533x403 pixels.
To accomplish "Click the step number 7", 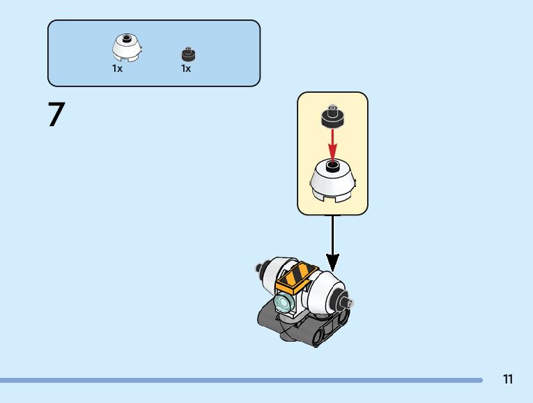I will tap(56, 115).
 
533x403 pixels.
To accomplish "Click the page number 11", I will tap(507, 379).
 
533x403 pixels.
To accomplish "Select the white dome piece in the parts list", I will tap(127, 47).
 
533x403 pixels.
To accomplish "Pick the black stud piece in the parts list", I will tap(187, 54).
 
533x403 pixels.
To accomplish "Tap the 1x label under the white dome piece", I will tap(117, 69).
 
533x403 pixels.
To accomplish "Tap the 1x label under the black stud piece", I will tap(186, 69).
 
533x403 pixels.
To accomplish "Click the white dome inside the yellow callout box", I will tap(332, 183).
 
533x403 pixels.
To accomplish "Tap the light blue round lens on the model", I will tap(284, 303).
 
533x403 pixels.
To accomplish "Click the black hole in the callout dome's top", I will tap(332, 167).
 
